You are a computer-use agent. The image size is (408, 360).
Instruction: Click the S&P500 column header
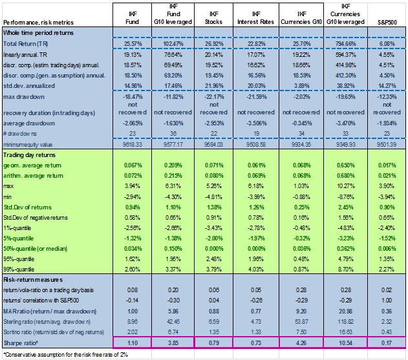[x=387, y=23]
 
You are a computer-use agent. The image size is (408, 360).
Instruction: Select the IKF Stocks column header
[x=213, y=17]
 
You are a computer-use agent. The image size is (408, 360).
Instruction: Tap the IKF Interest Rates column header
[x=256, y=17]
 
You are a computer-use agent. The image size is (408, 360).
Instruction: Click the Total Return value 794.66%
[x=345, y=44]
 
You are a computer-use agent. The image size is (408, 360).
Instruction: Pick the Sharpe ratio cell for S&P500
[x=387, y=343]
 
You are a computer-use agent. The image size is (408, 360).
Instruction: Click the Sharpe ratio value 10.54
[x=345, y=343]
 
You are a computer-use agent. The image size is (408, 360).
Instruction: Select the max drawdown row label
[x=24, y=97]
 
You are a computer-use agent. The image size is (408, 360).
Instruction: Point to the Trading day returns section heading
[x=29, y=155]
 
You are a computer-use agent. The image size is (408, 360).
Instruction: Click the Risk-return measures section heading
[x=33, y=280]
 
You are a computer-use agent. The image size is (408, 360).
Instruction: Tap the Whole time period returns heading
[x=38, y=33]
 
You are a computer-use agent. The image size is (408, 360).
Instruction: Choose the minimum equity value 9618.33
[x=133, y=144]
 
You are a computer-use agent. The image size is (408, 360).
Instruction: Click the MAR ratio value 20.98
[x=345, y=312]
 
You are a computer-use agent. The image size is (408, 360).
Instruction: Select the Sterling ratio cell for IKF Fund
[x=133, y=322]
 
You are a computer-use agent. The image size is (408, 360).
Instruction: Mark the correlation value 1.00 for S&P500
[x=387, y=301]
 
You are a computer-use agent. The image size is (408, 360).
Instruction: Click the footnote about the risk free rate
[x=65, y=355]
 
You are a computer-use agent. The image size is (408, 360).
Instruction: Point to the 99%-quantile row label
[x=19, y=270]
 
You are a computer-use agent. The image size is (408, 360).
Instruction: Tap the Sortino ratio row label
[x=54, y=332]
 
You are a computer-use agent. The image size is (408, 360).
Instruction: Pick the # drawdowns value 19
[x=256, y=134]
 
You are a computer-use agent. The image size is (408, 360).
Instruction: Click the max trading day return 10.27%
[x=345, y=186]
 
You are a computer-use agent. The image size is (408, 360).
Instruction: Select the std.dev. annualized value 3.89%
[x=301, y=86]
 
